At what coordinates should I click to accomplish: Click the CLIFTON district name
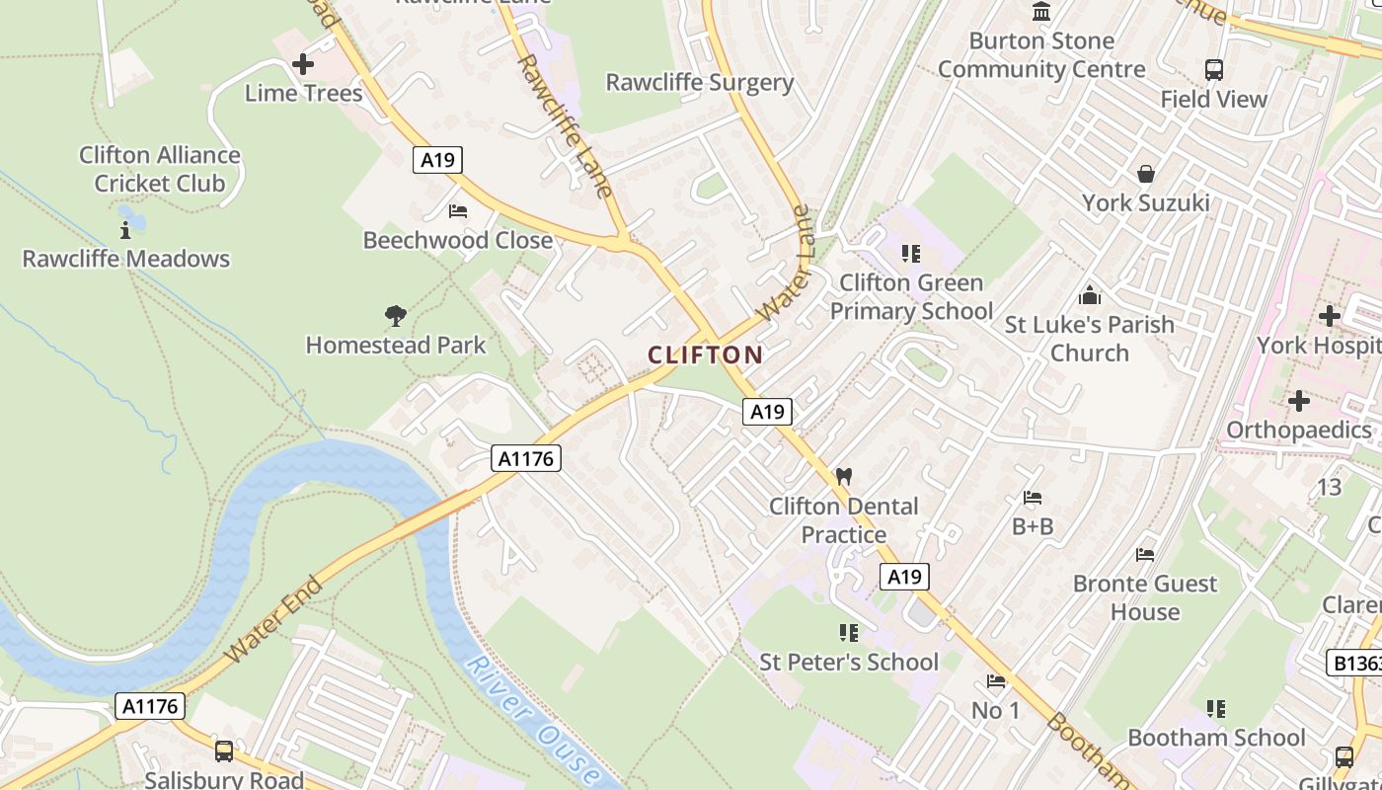(705, 355)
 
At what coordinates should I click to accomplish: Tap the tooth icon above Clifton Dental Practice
(843, 476)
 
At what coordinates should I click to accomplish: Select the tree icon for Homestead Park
(396, 316)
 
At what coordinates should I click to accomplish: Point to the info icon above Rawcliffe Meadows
(125, 230)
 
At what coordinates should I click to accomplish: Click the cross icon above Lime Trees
(303, 65)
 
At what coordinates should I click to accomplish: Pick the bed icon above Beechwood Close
(457, 211)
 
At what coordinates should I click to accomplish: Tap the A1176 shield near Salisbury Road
(150, 706)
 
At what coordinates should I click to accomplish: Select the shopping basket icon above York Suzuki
(1145, 174)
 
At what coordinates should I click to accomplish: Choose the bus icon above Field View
(1213, 70)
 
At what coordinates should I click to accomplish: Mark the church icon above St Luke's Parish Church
(1090, 295)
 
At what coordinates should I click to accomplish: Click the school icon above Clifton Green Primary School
(910, 254)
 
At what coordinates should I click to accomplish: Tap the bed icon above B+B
(1033, 498)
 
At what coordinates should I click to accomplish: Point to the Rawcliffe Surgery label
(700, 82)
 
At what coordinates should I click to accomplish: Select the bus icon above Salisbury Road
(224, 750)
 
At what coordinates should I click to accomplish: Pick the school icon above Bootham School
(1216, 709)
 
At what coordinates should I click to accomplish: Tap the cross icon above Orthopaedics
(1298, 401)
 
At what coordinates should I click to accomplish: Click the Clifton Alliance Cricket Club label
(160, 169)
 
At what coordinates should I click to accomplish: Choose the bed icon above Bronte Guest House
(1145, 555)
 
